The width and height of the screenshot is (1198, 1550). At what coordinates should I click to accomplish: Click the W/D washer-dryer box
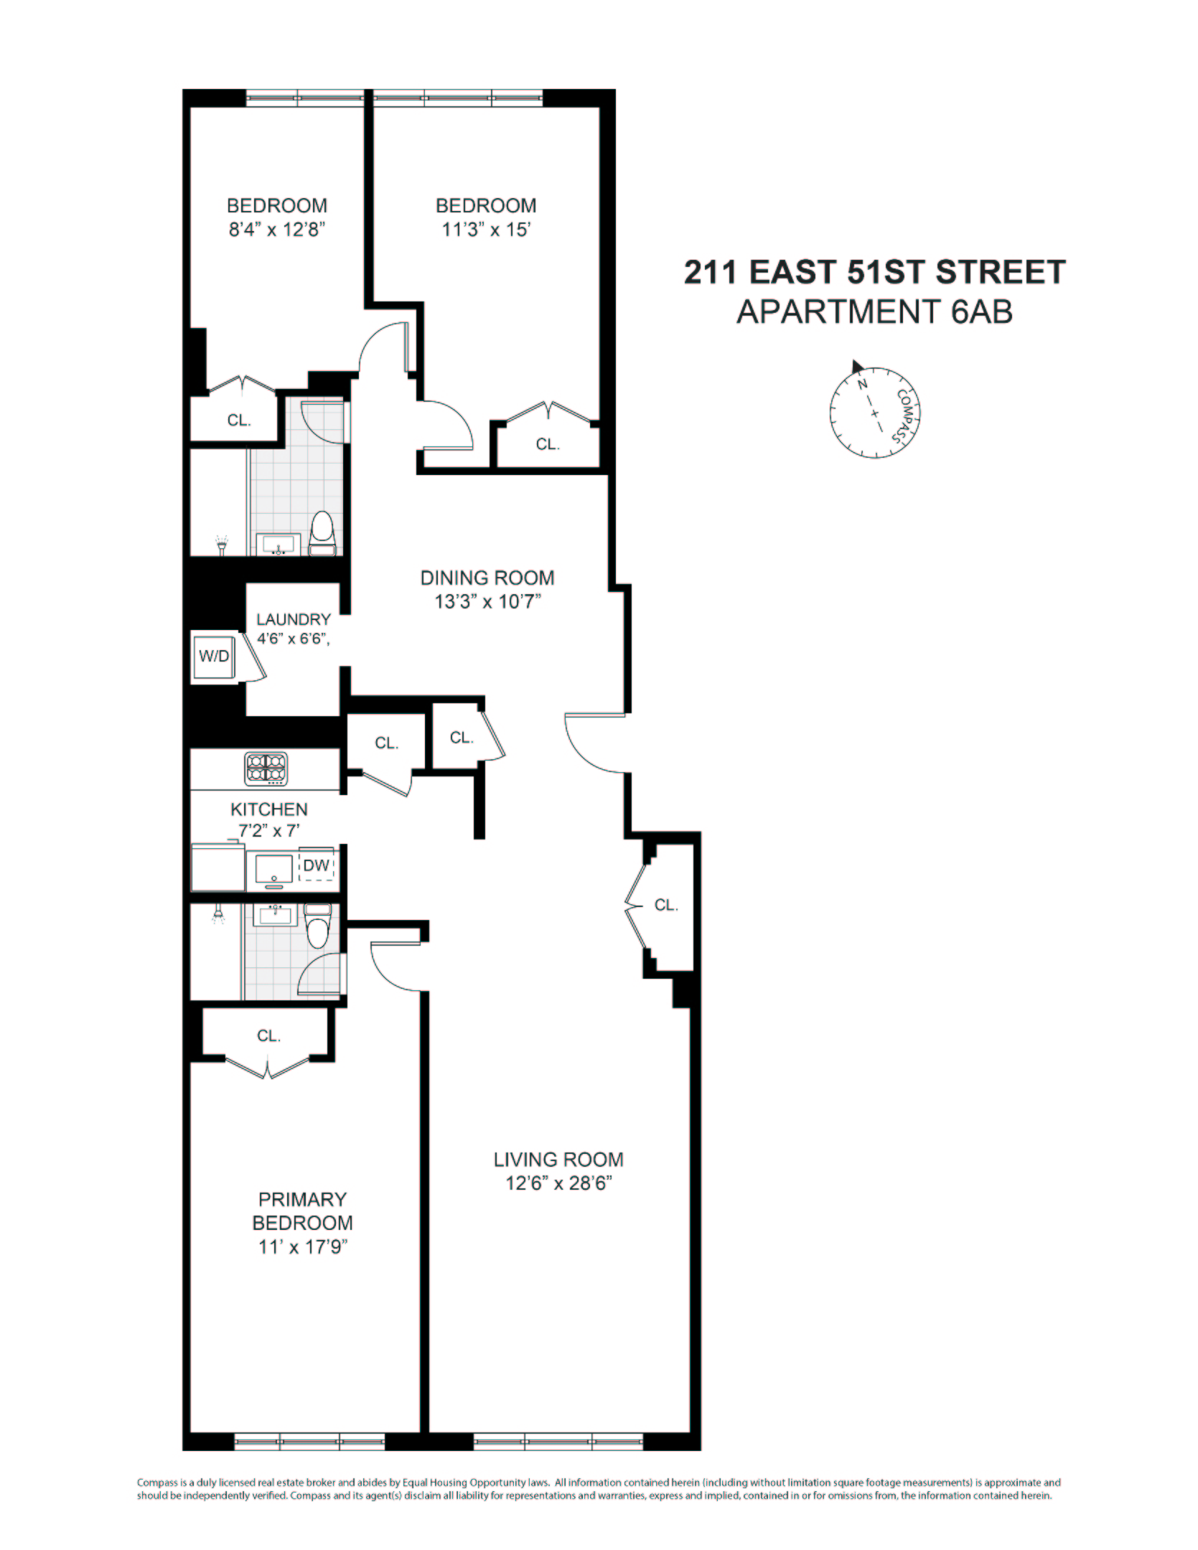point(214,656)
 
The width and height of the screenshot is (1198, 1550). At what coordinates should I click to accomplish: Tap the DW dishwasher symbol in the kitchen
point(316,865)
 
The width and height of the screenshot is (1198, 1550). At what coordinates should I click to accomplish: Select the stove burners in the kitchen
point(266,768)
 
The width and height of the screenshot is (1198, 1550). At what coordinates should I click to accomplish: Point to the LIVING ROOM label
point(558,1160)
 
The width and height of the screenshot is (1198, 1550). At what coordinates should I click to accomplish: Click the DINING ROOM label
point(487,578)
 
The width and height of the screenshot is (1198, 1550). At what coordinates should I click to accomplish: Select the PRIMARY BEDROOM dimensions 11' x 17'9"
point(302,1247)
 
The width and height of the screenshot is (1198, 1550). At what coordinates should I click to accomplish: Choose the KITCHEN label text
point(268,809)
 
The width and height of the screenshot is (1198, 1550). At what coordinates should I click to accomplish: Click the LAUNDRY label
point(294,619)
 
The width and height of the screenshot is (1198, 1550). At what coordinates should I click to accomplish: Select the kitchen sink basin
point(273,869)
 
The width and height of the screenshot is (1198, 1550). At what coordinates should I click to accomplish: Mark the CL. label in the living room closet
point(665,905)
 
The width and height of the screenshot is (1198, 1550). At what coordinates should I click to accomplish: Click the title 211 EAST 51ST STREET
point(874,273)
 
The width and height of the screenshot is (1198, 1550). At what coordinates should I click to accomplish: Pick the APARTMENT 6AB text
point(874,311)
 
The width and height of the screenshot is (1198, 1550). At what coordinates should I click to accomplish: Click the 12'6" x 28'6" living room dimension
point(558,1183)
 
